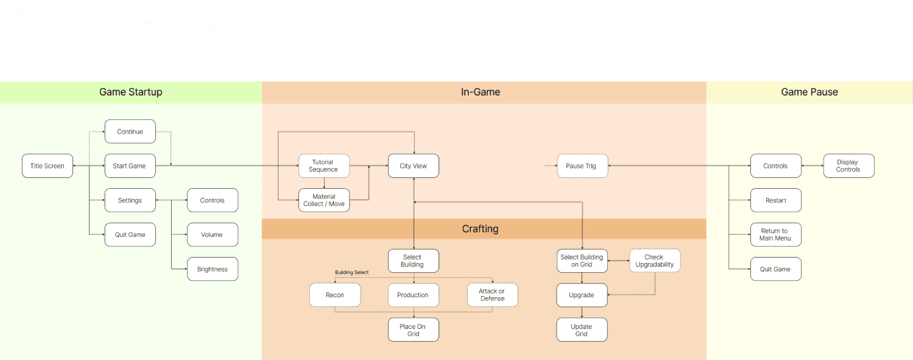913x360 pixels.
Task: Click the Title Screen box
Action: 47,166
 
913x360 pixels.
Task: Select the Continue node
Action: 130,131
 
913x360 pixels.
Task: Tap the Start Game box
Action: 130,166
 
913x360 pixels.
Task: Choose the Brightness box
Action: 212,269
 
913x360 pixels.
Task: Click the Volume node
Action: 212,234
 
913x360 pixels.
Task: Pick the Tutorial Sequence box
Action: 324,166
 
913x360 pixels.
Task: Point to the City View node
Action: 413,166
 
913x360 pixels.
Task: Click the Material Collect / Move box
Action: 324,200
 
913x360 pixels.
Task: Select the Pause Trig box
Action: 583,166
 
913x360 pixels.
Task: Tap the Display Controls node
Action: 849,166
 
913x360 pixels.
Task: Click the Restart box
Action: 775,200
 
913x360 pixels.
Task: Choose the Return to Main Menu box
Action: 775,234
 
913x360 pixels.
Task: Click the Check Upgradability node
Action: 655,261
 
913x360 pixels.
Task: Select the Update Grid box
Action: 581,330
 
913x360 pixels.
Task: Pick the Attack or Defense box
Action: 492,295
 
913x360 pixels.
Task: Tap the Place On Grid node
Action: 413,330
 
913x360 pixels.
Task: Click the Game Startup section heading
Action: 131,92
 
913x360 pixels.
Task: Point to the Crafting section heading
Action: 480,229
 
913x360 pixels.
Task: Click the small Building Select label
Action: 352,272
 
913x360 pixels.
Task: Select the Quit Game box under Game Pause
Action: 775,269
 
